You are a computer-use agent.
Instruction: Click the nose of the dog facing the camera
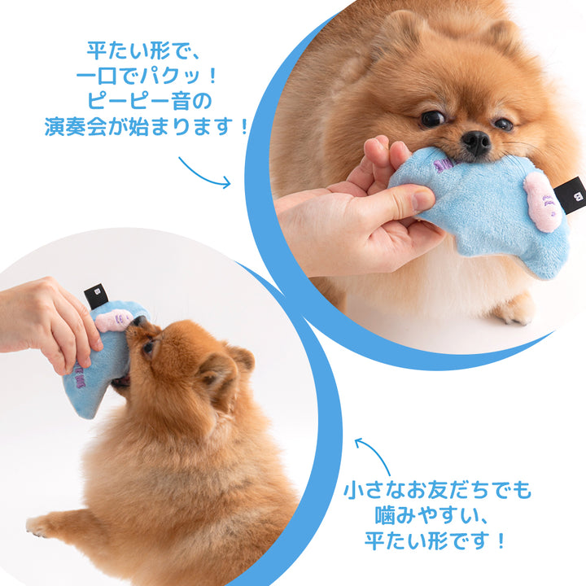coord(476,143)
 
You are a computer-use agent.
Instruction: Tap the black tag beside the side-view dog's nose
coord(96,296)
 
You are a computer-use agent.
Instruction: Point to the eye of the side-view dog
coord(149,348)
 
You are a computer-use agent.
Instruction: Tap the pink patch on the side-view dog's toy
coord(114,320)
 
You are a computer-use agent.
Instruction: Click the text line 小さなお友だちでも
coord(436,491)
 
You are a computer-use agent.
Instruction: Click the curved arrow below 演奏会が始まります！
coord(204,173)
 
